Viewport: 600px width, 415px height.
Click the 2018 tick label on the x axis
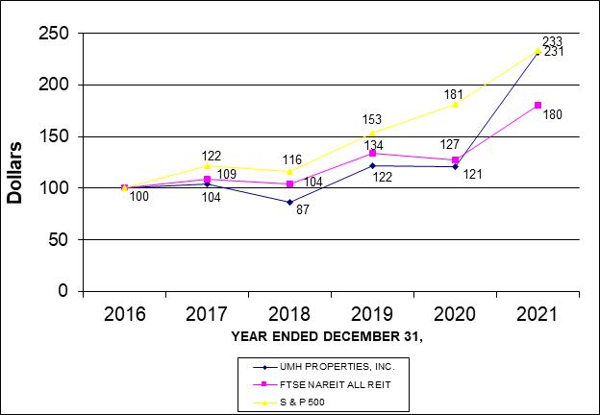pyautogui.click(x=289, y=312)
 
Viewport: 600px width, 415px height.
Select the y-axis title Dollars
pyautogui.click(x=15, y=174)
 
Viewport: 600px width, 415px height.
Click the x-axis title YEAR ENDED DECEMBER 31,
pyautogui.click(x=328, y=337)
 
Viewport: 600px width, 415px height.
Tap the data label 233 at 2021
pyautogui.click(x=552, y=41)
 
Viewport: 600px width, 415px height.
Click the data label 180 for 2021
pyautogui.click(x=552, y=114)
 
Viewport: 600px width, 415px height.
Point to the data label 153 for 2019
pyautogui.click(x=372, y=120)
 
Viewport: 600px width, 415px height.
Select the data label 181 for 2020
pyautogui.click(x=456, y=94)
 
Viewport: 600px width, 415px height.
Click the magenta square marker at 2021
pyautogui.click(x=537, y=105)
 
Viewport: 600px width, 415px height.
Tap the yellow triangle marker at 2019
pyautogui.click(x=372, y=133)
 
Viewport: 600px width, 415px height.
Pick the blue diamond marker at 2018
pyautogui.click(x=289, y=202)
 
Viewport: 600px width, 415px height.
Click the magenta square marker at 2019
pyautogui.click(x=372, y=153)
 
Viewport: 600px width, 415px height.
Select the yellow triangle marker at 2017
pyautogui.click(x=207, y=165)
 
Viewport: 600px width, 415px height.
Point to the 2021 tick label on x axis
pyautogui.click(x=537, y=312)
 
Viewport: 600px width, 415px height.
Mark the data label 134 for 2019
pyautogui.click(x=372, y=144)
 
